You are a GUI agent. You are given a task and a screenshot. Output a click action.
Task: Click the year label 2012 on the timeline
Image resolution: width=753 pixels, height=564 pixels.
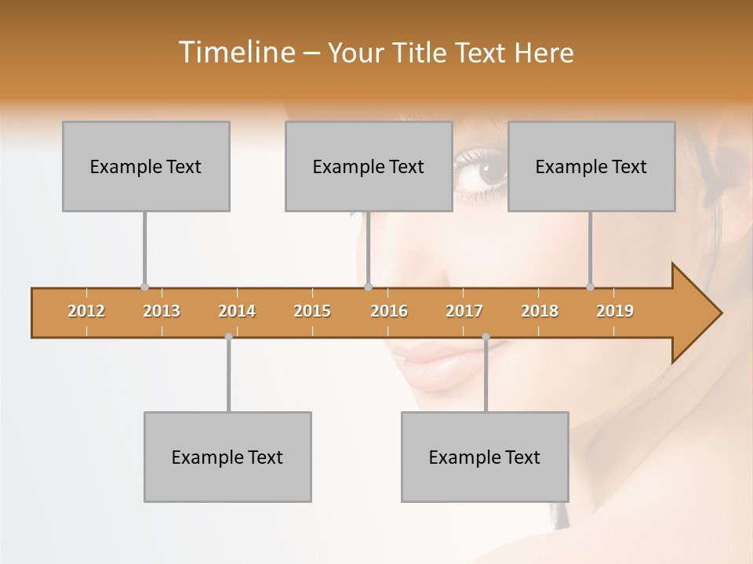(x=86, y=311)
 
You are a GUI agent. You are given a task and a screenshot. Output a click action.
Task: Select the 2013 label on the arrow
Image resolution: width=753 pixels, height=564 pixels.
(x=162, y=311)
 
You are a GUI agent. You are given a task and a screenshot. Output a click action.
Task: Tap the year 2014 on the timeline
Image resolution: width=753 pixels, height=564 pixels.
(x=237, y=311)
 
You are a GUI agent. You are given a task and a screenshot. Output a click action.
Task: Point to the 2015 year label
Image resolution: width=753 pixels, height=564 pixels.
(x=312, y=311)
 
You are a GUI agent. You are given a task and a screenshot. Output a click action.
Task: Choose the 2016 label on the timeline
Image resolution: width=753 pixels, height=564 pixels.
(x=389, y=311)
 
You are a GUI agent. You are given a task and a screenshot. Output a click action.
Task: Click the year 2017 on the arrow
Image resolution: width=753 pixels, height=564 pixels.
(x=464, y=311)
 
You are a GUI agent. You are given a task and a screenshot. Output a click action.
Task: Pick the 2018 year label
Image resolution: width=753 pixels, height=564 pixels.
(x=540, y=311)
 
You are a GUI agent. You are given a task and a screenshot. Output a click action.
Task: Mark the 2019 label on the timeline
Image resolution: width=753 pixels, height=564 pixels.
(x=615, y=311)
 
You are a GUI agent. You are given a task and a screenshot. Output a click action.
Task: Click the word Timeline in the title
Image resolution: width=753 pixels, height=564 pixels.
(x=235, y=52)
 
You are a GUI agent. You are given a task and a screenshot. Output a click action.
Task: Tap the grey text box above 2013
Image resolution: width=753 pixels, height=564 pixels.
(x=146, y=166)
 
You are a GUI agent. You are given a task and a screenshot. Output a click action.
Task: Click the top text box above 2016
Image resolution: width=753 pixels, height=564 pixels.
(x=369, y=166)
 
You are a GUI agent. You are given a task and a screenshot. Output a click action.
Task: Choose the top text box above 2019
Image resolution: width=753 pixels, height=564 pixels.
(x=591, y=166)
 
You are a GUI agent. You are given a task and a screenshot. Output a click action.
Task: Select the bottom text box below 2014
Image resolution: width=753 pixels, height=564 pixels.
(x=227, y=457)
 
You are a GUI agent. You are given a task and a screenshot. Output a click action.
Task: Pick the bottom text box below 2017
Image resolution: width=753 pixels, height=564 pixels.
(x=485, y=457)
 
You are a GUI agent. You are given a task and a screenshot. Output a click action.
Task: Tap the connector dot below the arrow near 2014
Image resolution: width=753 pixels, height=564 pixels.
(x=228, y=336)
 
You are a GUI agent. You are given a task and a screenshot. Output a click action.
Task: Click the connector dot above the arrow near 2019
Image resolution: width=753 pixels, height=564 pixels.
(x=590, y=287)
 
